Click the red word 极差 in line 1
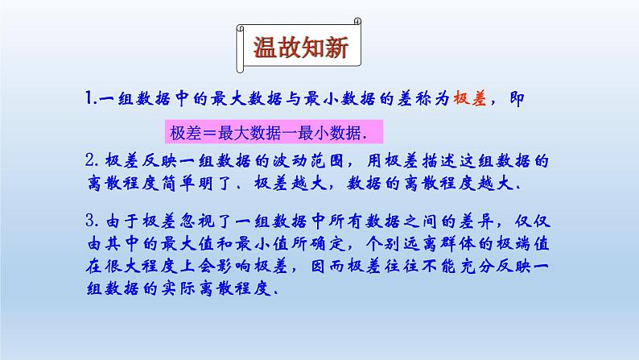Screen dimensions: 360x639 tap(476, 99)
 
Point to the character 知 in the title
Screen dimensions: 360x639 tap(313, 48)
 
